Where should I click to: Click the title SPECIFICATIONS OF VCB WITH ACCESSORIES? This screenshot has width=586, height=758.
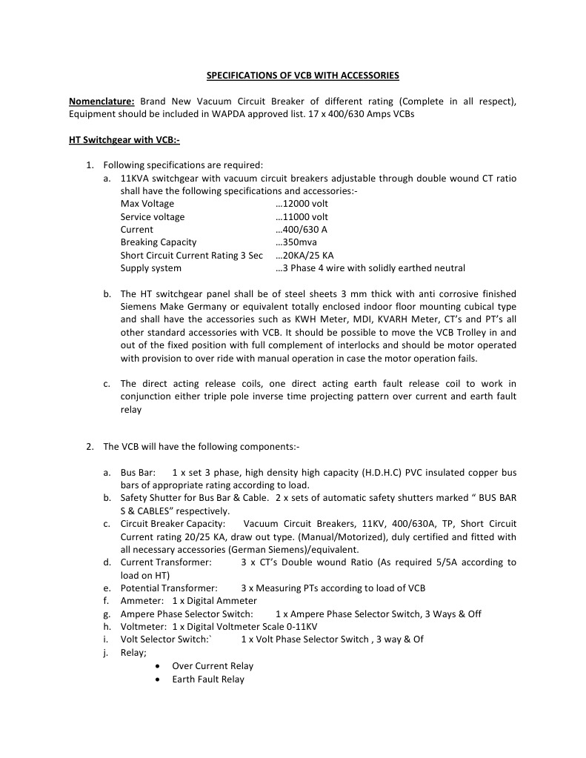click(x=302, y=76)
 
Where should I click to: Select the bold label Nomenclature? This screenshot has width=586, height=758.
click(x=101, y=102)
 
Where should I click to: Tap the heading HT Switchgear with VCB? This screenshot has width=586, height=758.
click(x=124, y=139)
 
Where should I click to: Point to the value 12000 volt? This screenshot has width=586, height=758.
click(x=302, y=204)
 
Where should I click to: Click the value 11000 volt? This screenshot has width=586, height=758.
click(x=302, y=217)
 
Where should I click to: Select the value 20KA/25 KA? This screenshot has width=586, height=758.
click(x=304, y=256)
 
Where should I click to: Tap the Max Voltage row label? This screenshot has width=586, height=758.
click(x=147, y=204)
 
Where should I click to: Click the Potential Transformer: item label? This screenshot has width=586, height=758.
click(x=169, y=588)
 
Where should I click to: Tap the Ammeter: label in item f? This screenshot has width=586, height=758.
click(x=141, y=601)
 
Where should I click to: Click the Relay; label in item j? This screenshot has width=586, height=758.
click(x=133, y=653)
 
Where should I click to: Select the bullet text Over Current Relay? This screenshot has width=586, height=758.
click(x=212, y=666)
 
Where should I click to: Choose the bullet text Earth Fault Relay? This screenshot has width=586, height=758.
click(x=207, y=679)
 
